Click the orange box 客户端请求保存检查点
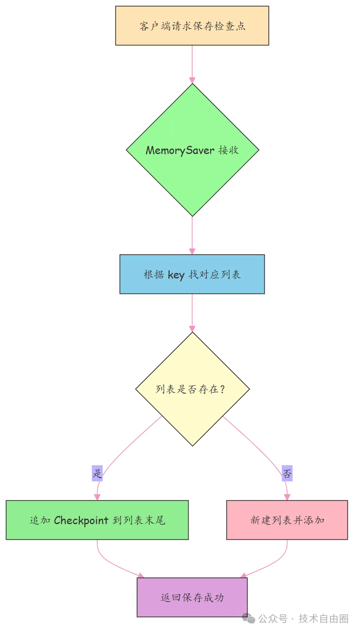[x=192, y=26]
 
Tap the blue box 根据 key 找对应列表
[x=192, y=274]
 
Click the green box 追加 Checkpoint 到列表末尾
[x=97, y=520]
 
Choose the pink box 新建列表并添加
[x=287, y=520]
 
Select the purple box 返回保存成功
[x=192, y=597]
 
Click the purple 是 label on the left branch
[x=97, y=473]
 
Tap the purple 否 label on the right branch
[x=287, y=473]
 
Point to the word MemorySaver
[x=180, y=150]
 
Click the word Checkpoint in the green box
[x=81, y=520]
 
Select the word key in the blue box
[x=176, y=275]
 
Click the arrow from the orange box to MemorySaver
[x=192, y=64]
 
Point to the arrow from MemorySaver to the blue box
[x=192, y=235]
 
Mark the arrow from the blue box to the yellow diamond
[x=192, y=313]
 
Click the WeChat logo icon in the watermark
[x=248, y=618]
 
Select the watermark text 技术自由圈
[x=323, y=619]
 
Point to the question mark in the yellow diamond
[x=222, y=389]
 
